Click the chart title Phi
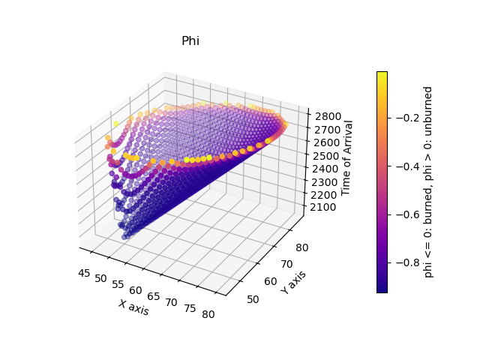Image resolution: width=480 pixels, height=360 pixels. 190,41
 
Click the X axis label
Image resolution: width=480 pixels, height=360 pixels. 133,307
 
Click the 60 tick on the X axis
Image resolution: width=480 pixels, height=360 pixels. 135,289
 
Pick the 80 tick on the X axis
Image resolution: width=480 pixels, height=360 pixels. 208,314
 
